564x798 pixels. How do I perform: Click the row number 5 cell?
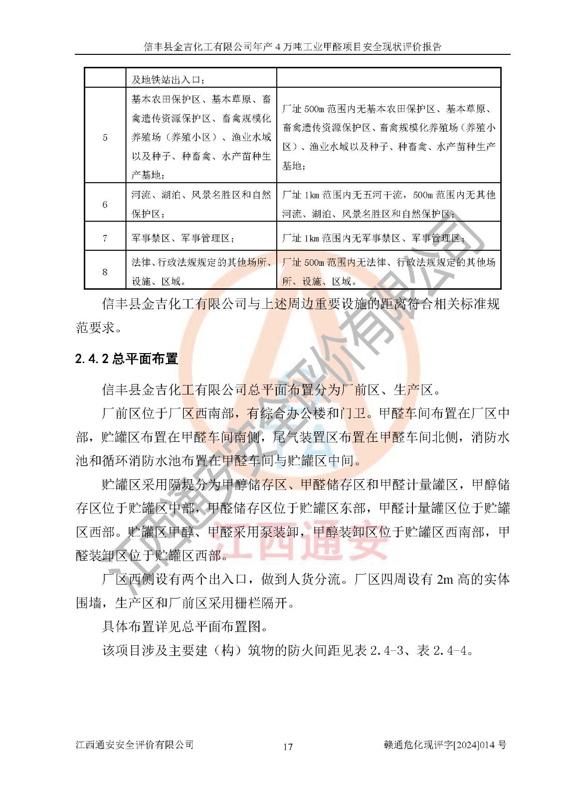[105, 137]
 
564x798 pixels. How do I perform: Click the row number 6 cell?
[105, 204]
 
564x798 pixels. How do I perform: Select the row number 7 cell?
[105, 238]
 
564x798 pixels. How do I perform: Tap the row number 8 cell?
[105, 272]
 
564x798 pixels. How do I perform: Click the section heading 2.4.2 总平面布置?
[127, 359]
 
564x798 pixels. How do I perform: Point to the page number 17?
[288, 747]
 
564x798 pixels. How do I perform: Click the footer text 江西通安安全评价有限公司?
[135, 745]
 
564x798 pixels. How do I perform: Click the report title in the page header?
[293, 47]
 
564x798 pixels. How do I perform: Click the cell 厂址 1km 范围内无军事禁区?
[374, 238]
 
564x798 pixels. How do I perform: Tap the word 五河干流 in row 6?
[381, 195]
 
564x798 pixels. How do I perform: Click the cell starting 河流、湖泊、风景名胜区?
[201, 204]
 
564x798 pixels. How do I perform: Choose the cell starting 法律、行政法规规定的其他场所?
[201, 272]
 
